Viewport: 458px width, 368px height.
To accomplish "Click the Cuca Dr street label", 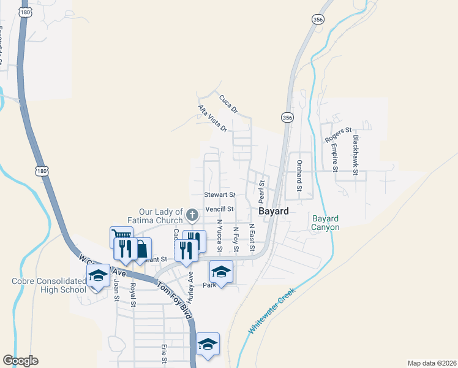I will coord(227,104).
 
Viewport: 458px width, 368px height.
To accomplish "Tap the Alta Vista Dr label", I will coord(212,119).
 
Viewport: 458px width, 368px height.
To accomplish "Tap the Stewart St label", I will coord(219,194).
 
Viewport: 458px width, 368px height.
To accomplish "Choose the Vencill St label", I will coord(220,209).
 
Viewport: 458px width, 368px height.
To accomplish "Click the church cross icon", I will coord(192,215).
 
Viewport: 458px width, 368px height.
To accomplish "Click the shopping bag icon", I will coord(141,248).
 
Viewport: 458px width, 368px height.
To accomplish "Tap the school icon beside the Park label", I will coord(221,270).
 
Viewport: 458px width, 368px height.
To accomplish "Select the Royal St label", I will coord(132,294).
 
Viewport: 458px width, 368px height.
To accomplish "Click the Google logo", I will coord(20,361).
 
